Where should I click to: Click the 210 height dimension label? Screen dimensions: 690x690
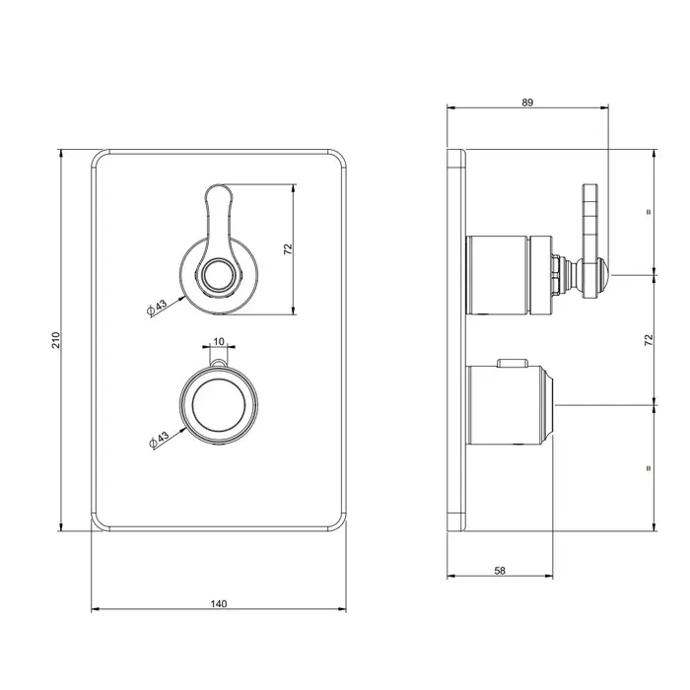click(56, 340)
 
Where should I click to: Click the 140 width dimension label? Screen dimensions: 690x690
click(218, 603)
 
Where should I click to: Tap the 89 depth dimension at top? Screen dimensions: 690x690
click(527, 103)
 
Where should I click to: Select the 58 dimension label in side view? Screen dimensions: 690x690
click(500, 571)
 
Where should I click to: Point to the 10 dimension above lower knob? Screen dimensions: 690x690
click(219, 341)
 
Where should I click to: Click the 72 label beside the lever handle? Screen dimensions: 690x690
click(288, 249)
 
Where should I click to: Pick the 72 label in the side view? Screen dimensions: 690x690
click(649, 340)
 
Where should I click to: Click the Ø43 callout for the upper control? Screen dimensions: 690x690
click(157, 308)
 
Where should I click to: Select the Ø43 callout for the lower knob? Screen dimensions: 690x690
click(160, 440)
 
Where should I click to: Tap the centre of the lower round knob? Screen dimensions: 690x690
click(219, 405)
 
